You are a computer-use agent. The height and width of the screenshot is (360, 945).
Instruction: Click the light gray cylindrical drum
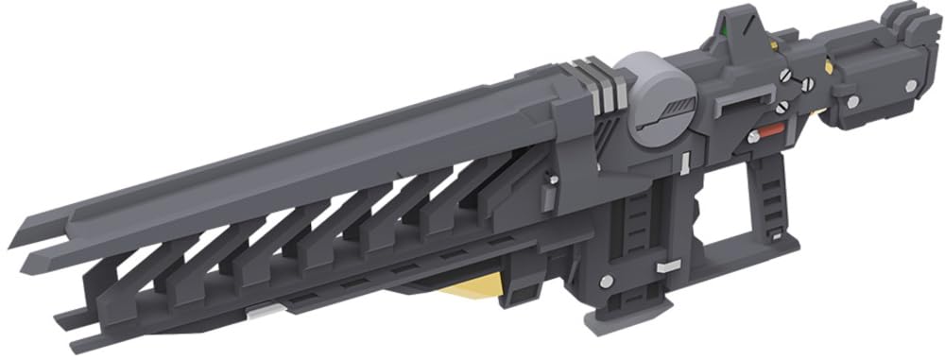[x=658, y=100]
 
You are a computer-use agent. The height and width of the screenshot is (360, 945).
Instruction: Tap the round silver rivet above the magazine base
[x=605, y=281]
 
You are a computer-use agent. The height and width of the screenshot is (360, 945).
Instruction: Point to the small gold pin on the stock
[x=828, y=65]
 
